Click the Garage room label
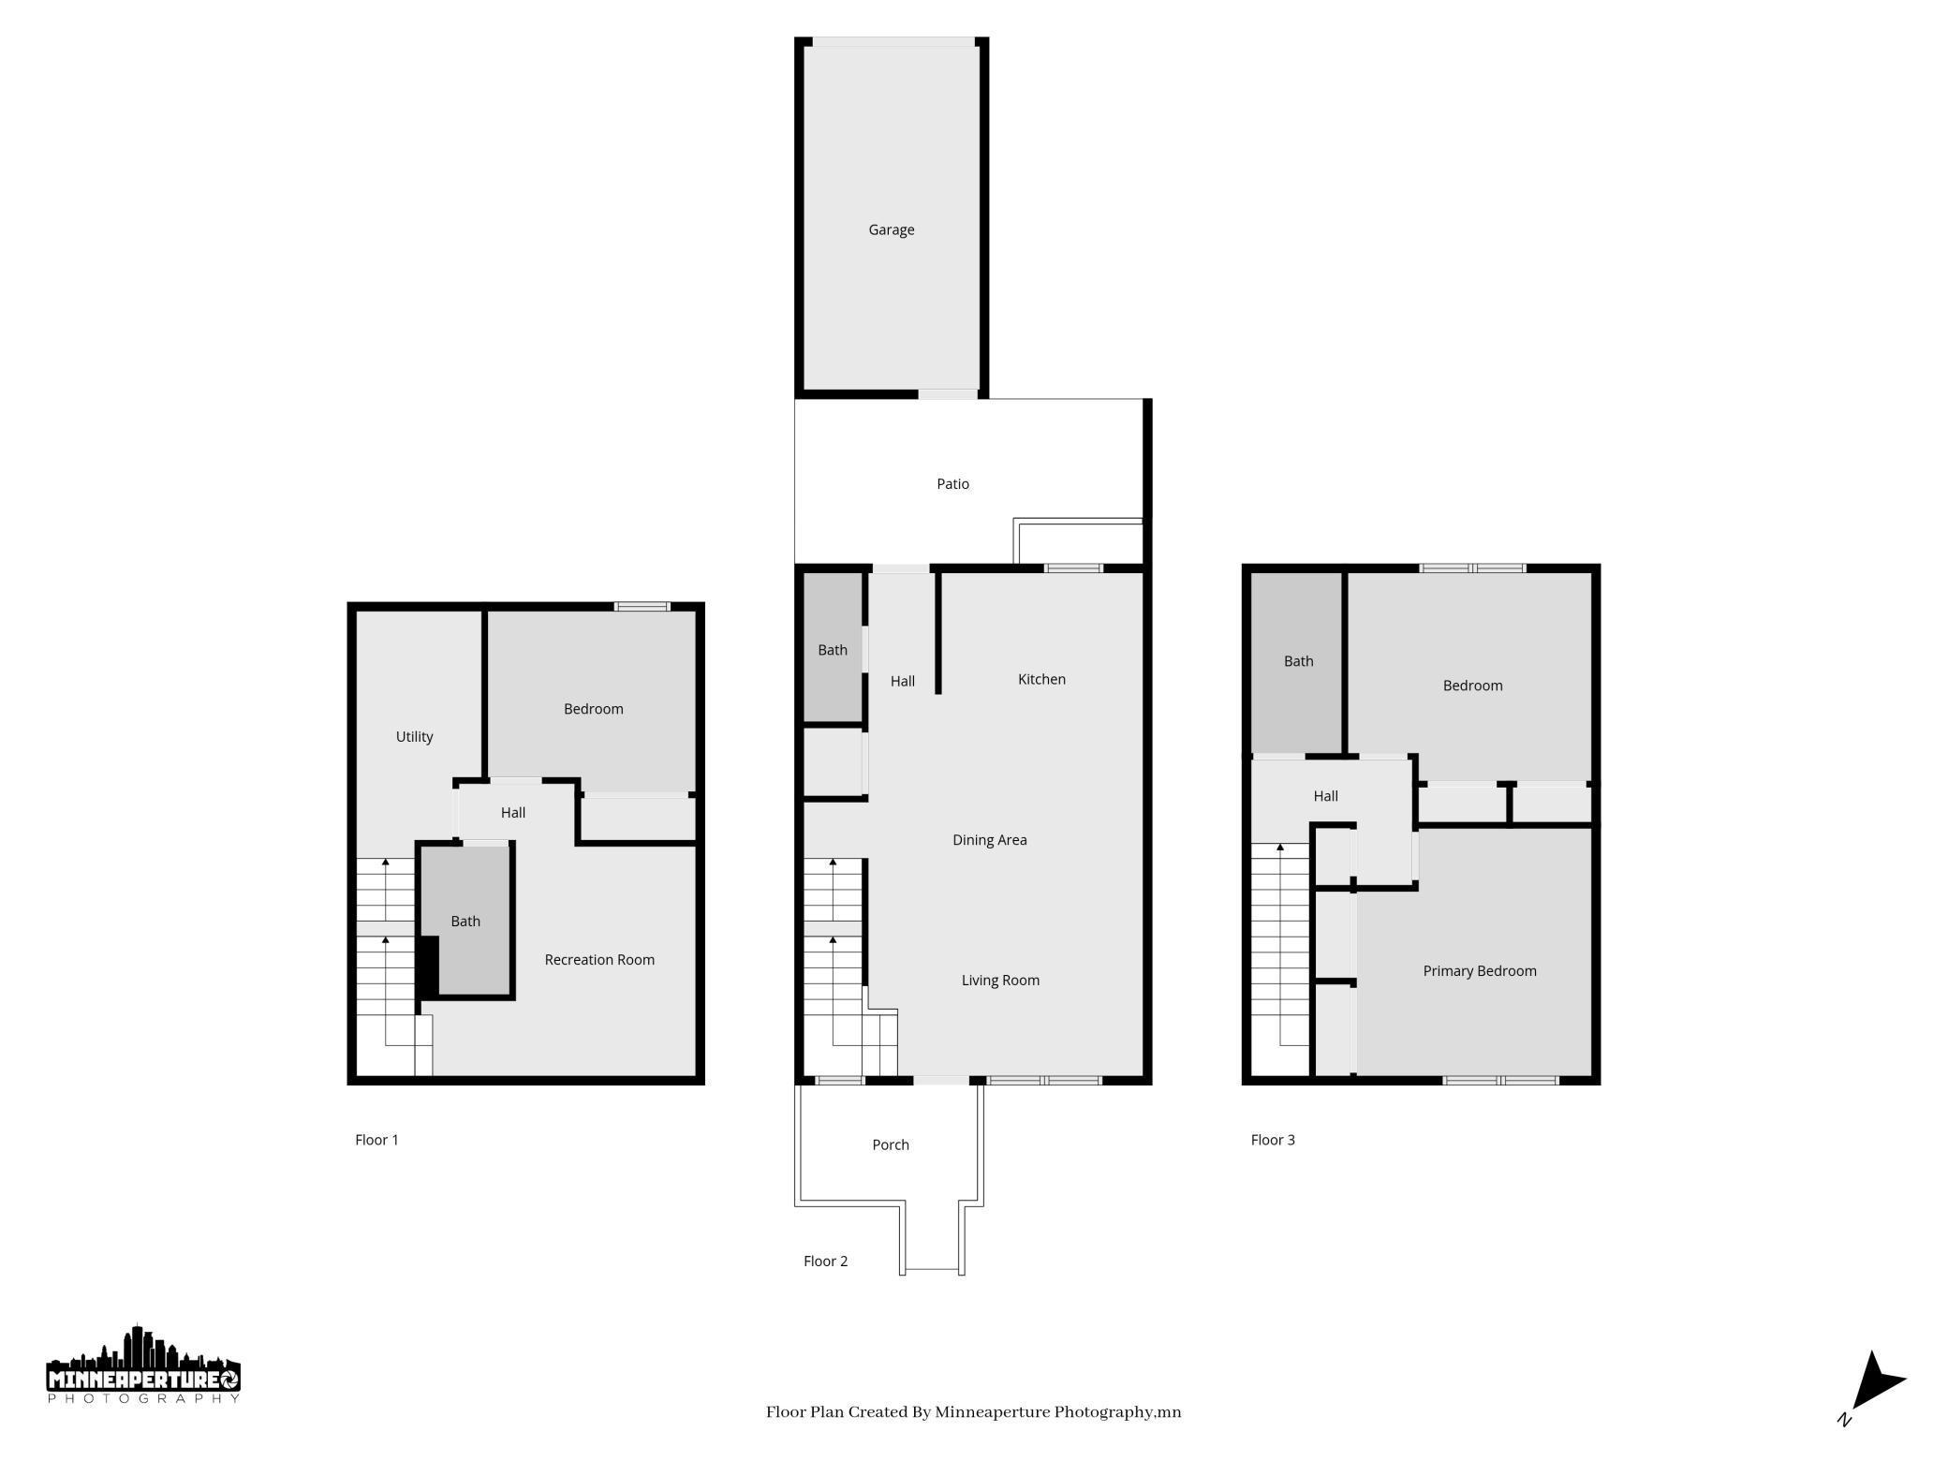tap(891, 229)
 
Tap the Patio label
tap(952, 484)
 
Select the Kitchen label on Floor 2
tap(1041, 679)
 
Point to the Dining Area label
tap(989, 840)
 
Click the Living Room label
tap(1000, 981)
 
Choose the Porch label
tap(890, 1144)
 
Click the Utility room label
tap(414, 737)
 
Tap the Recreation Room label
tap(599, 960)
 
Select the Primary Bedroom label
tap(1479, 971)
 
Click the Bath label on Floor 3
tap(1298, 661)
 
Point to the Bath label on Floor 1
tap(465, 922)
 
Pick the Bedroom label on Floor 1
tap(593, 709)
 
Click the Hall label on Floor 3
tap(1325, 796)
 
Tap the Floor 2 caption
tap(825, 1262)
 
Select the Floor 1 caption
tap(376, 1140)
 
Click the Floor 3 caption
tap(1273, 1140)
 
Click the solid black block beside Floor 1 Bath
tap(428, 966)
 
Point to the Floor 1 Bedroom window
tap(642, 607)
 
